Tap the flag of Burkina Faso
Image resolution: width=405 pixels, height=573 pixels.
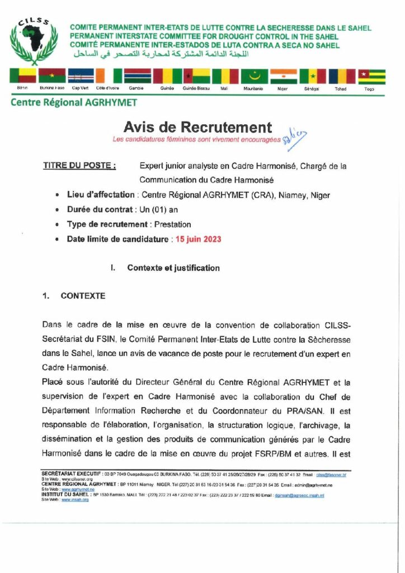tap(52, 76)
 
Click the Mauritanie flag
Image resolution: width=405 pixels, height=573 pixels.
tap(255, 76)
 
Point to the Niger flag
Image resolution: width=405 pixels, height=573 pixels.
tap(284, 76)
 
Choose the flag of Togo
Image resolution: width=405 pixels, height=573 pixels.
tap(372, 76)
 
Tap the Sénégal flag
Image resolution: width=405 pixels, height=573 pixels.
tap(313, 76)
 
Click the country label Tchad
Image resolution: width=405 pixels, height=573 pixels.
tap(341, 89)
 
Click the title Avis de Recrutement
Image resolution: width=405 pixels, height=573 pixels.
tap(197, 128)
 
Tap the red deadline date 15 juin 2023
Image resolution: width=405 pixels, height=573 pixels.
tap(198, 239)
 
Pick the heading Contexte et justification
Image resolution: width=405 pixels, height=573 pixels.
tap(173, 268)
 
